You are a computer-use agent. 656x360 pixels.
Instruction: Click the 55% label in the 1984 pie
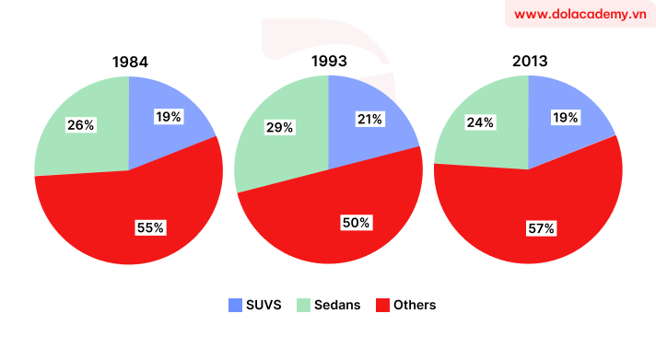pos(149,226)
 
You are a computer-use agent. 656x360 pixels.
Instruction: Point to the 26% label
pos(80,124)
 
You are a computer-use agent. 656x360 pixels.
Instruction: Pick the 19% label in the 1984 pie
pos(169,117)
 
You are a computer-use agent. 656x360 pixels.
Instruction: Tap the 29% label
pos(279,128)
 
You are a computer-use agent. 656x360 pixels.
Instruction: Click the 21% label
pos(369,119)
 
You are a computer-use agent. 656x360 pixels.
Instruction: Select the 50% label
pos(355,222)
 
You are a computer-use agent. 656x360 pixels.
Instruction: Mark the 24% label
pos(480,122)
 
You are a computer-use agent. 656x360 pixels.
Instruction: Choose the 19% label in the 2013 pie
pos(566,117)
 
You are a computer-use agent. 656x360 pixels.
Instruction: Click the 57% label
pos(541,227)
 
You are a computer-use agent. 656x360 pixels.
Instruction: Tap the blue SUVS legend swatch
pos(235,305)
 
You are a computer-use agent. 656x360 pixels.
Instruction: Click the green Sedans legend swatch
pos(304,305)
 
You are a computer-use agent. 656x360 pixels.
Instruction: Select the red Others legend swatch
pos(382,305)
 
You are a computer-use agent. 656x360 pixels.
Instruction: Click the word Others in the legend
pos(415,305)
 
